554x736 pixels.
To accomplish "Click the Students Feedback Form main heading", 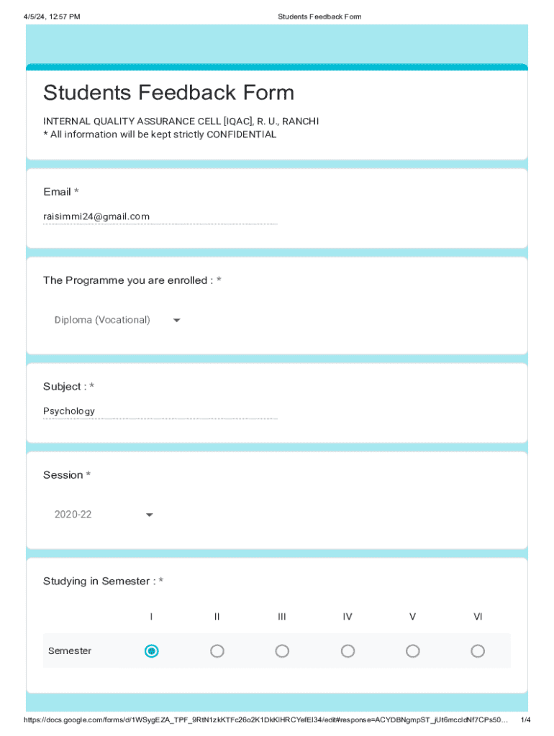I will coord(168,93).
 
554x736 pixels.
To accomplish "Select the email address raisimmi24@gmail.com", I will coord(96,216).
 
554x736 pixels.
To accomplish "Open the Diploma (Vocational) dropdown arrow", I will coord(176,321).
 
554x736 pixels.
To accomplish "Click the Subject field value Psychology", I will coord(69,411).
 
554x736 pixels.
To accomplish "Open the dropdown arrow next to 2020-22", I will coord(149,515).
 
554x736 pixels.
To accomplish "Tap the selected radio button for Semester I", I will coord(151,651).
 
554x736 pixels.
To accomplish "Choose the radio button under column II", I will coord(217,651).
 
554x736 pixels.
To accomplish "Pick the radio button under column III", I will coord(282,651).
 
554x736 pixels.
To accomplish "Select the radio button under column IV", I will coord(348,651).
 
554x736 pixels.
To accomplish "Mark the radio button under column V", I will coord(412,651).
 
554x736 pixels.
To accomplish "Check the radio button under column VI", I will coord(478,651).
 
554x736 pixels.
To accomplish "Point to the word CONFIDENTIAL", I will coord(241,134).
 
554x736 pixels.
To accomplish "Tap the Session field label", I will coord(63,475).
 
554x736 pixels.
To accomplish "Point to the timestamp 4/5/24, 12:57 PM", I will coord(52,17).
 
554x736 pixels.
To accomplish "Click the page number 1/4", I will coord(525,720).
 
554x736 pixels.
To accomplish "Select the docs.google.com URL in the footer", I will coord(266,720).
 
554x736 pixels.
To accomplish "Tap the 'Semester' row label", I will coord(70,651).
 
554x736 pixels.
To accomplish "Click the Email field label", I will coord(58,192).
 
